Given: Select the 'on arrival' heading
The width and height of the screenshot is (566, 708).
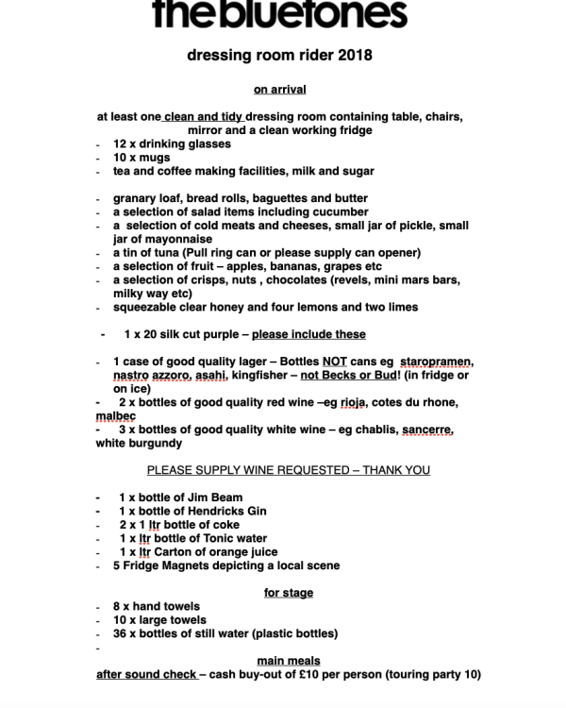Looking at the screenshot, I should [x=279, y=90].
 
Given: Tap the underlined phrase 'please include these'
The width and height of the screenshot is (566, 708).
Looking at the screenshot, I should [x=308, y=334].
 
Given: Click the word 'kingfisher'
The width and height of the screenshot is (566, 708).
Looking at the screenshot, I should [x=273, y=375].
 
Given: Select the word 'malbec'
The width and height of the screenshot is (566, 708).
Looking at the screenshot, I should [x=116, y=415].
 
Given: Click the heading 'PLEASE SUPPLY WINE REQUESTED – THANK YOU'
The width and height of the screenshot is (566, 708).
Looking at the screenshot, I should [x=288, y=470].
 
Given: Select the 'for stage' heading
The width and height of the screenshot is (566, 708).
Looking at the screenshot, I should [x=288, y=593].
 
